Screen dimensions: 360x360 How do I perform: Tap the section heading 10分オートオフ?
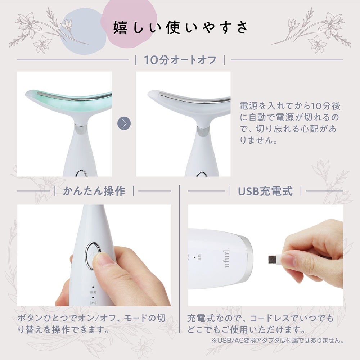(x=180, y=60)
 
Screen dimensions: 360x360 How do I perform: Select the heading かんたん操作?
(x=94, y=191)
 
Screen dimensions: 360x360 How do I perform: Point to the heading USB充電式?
(x=265, y=191)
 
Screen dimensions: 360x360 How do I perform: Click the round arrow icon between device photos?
(x=124, y=123)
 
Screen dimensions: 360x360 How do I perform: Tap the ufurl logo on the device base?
(x=227, y=258)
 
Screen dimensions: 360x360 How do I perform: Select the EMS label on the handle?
(x=93, y=303)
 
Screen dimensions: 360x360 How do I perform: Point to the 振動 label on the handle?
(x=93, y=292)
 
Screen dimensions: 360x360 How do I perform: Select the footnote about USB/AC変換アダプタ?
(x=277, y=340)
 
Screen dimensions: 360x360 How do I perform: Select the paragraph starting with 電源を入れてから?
(x=290, y=123)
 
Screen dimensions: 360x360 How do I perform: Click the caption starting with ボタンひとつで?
(x=91, y=324)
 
